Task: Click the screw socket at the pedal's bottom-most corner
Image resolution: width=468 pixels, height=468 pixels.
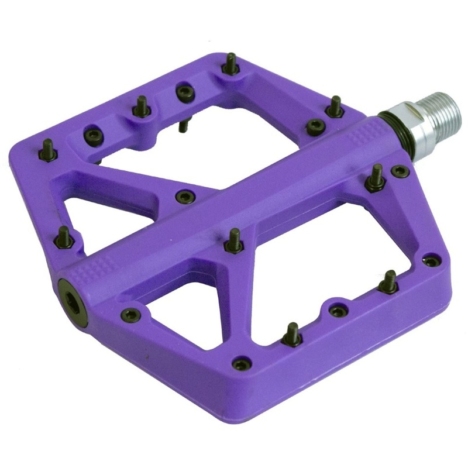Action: tap(240, 364)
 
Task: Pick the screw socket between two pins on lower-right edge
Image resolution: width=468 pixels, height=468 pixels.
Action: tap(336, 310)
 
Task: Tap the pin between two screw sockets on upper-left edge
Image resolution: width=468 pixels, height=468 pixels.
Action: tap(140, 107)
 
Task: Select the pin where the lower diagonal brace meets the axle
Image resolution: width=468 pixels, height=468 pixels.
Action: tap(233, 241)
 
